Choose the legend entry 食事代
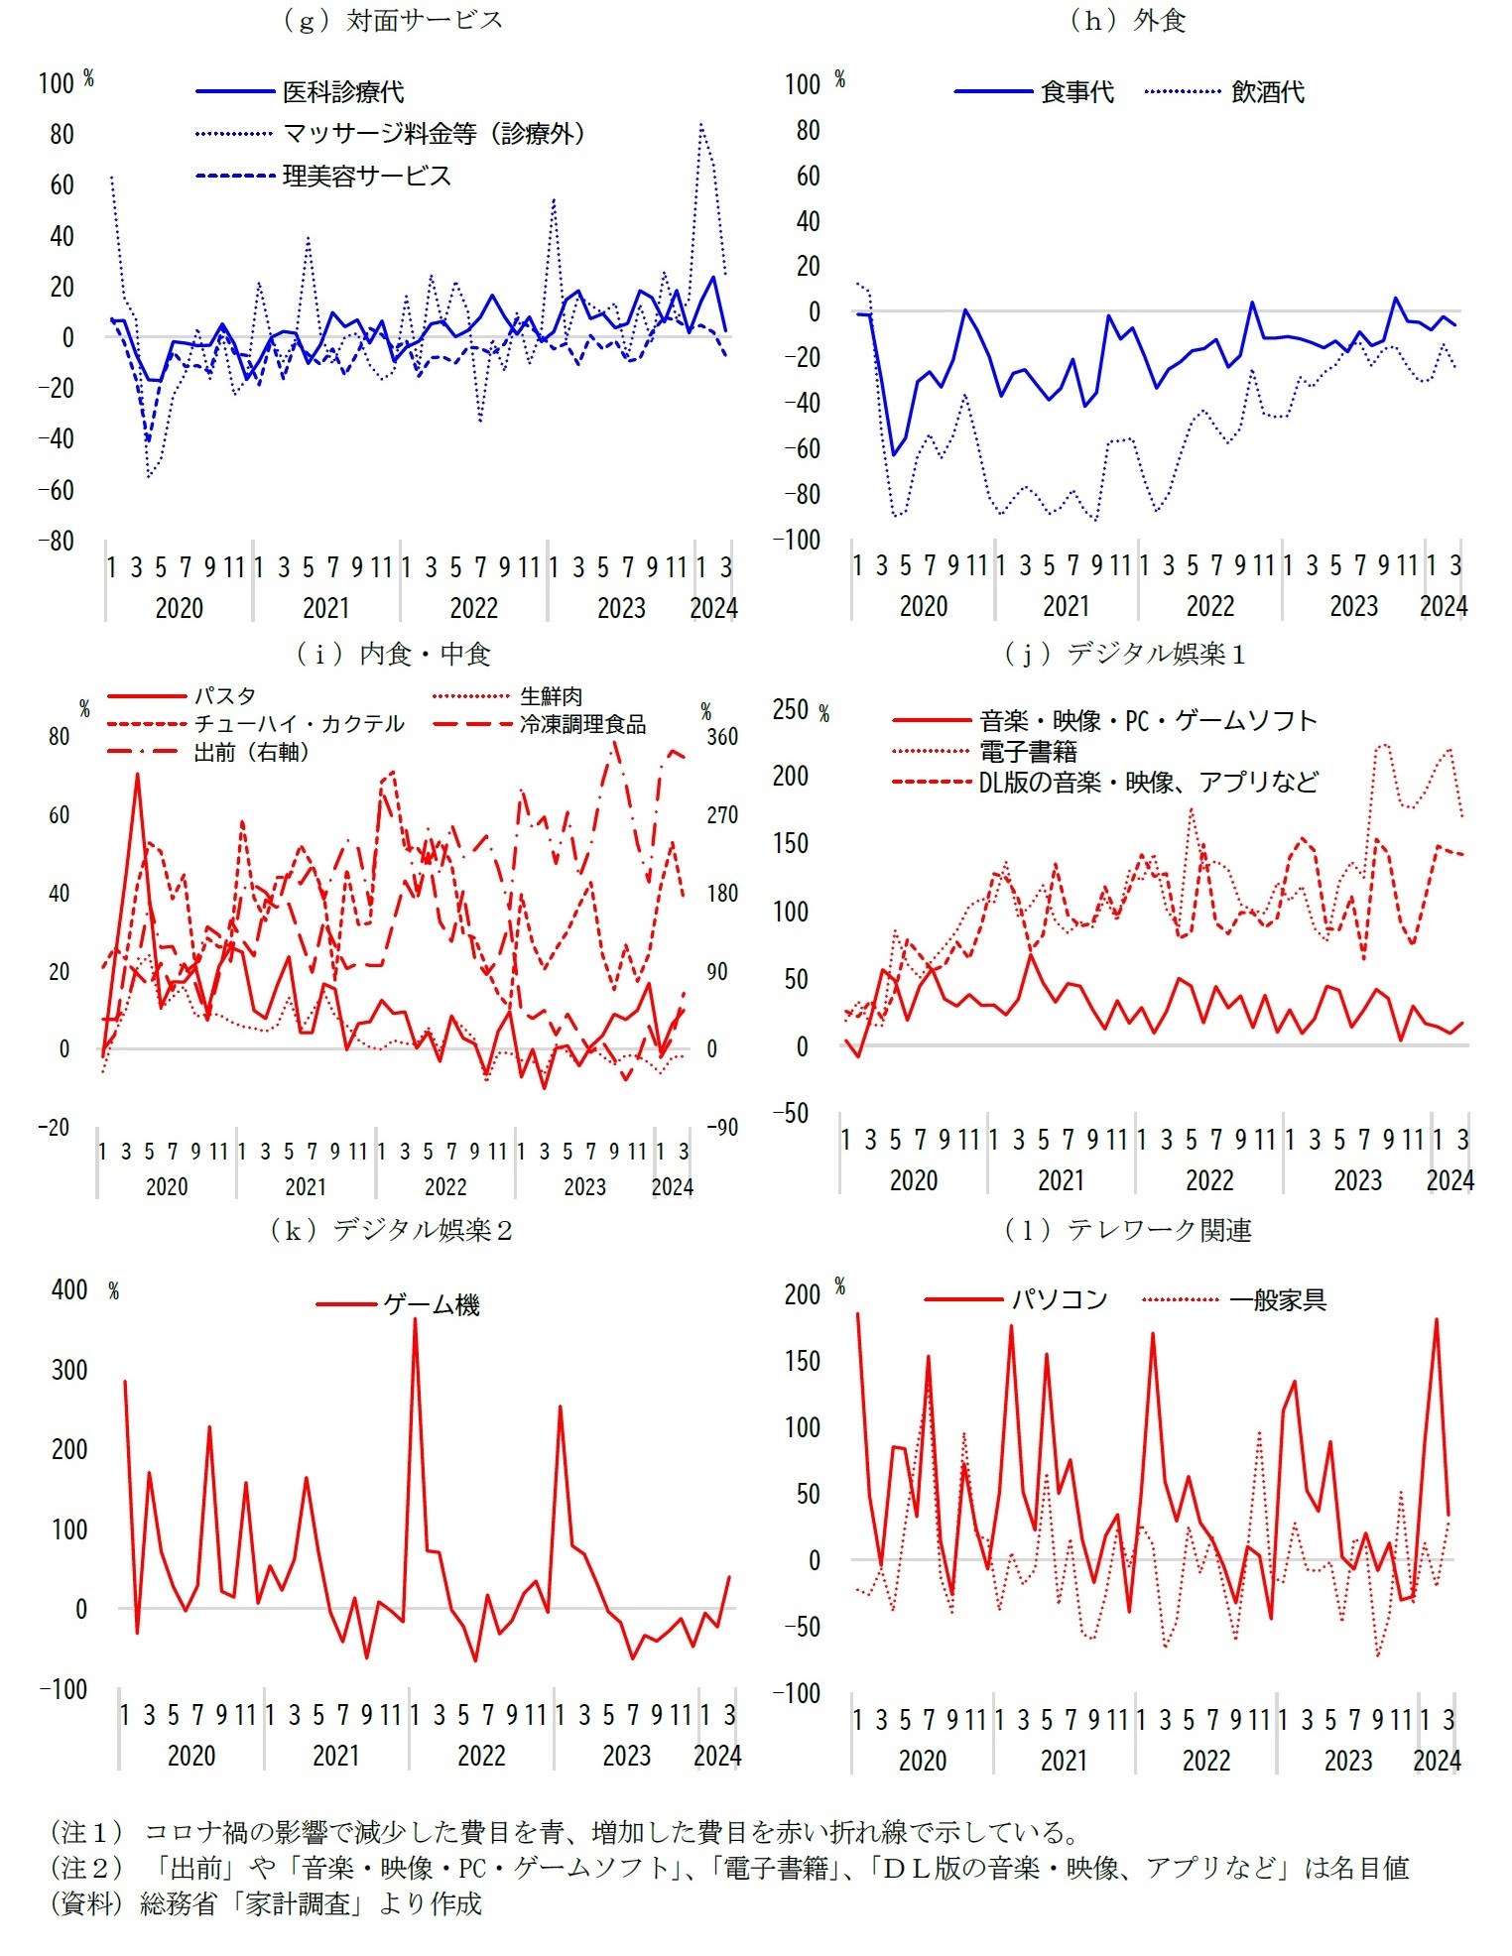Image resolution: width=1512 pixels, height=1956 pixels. [x=1077, y=92]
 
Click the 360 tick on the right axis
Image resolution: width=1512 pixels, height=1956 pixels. [x=722, y=737]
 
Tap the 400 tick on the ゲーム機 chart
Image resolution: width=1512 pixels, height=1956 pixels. [x=69, y=1289]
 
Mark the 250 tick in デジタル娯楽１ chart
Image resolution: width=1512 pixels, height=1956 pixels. [x=791, y=709]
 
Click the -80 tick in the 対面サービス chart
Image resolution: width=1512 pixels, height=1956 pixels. [x=57, y=542]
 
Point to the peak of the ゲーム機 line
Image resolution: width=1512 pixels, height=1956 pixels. [x=415, y=1320]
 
